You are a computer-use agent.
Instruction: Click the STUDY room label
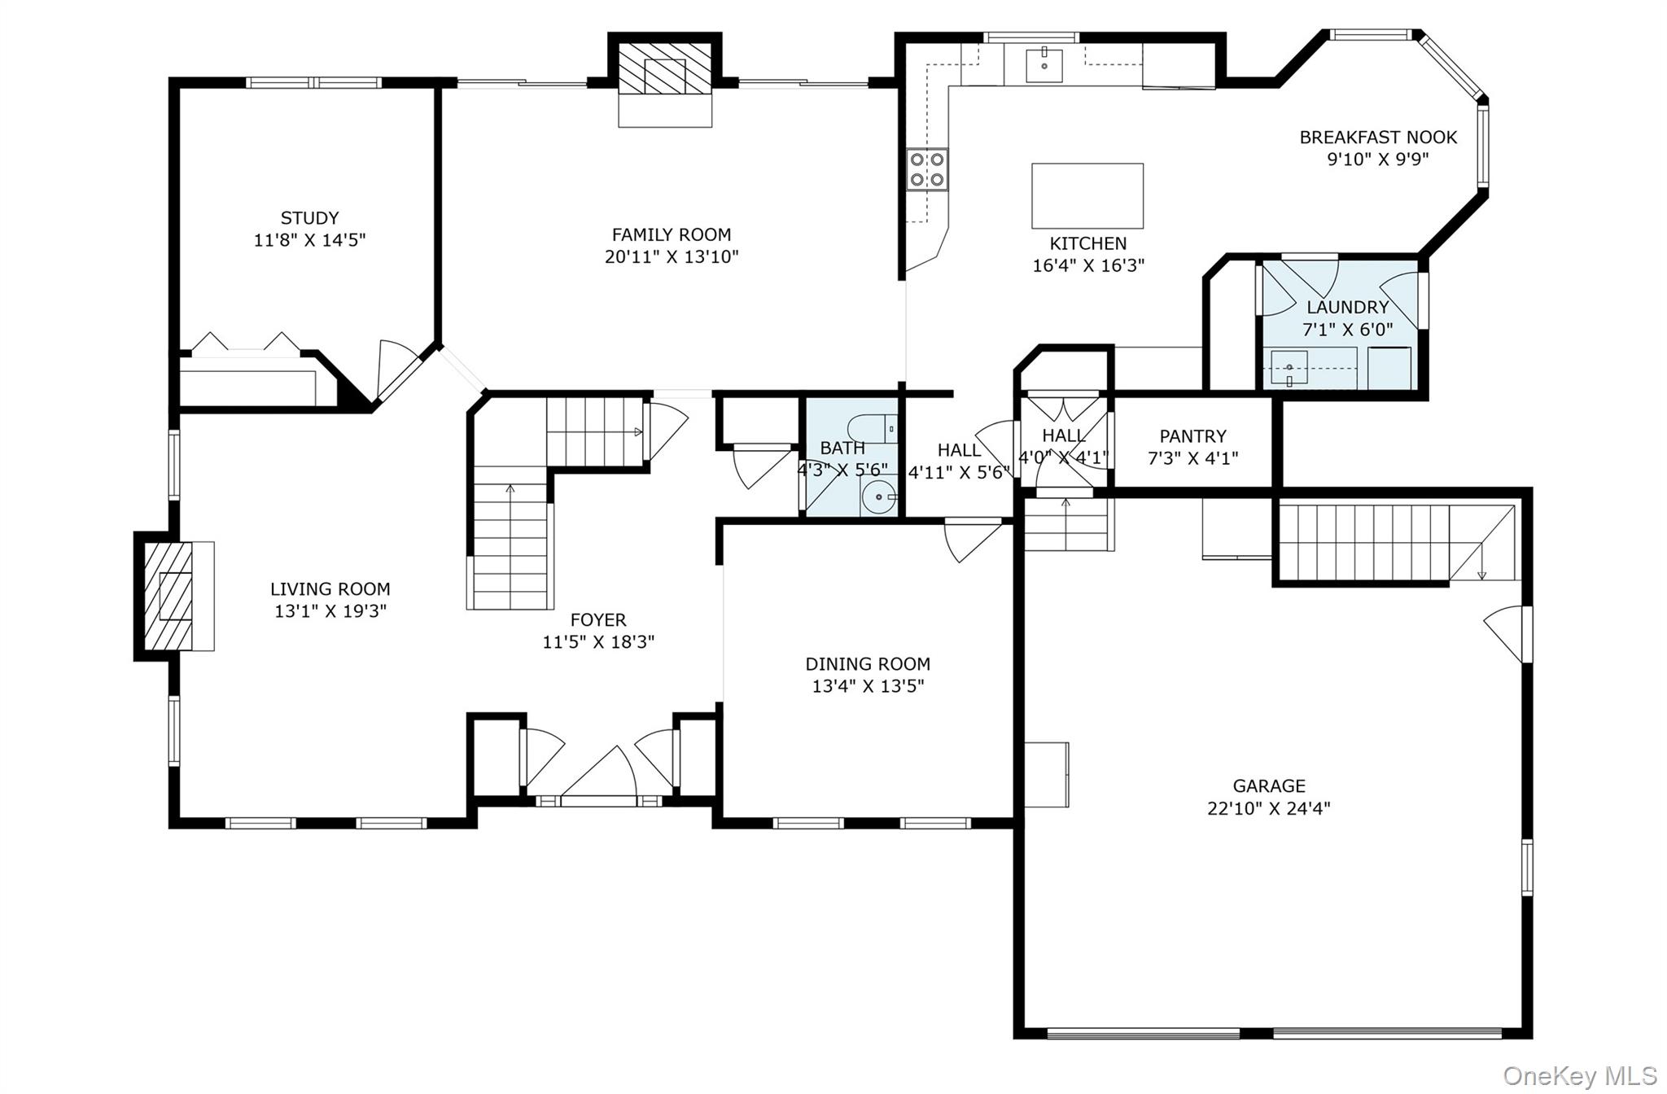point(309,218)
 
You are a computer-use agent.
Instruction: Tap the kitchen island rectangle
point(1087,196)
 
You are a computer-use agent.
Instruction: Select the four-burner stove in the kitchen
point(928,169)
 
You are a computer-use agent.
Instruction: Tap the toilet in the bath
point(872,428)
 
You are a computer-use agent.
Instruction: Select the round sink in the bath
point(878,497)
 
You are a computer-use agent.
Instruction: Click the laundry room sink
point(1289,368)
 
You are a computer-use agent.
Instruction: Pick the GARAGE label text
point(1269,786)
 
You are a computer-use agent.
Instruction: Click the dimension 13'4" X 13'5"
point(868,686)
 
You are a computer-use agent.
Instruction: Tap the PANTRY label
point(1192,436)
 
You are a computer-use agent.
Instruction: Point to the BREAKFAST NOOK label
point(1378,138)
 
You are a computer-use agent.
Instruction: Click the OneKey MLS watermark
point(1579,1076)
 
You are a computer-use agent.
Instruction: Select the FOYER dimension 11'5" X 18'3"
point(598,642)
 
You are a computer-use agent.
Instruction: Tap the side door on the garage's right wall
point(1507,634)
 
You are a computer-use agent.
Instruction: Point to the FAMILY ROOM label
point(672,235)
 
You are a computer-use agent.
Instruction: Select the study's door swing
point(398,370)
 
